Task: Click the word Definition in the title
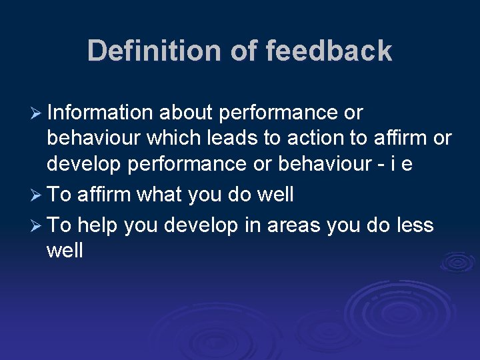[x=155, y=51]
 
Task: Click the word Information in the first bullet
[x=100, y=113]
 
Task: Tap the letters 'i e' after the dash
[x=403, y=164]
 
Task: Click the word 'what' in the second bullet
[x=159, y=195]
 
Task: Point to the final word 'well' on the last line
[x=65, y=251]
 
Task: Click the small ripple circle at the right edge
[x=457, y=261]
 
